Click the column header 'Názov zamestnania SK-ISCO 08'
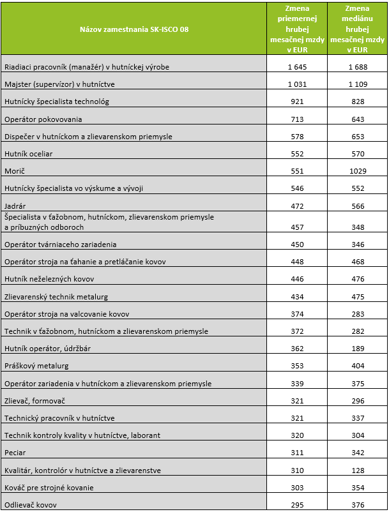[134, 29]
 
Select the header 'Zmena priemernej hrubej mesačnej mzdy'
[297, 29]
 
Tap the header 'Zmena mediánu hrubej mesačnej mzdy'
[357, 29]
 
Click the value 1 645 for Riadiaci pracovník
[297, 66]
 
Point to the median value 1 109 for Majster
[357, 84]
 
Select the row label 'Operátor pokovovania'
[43, 119]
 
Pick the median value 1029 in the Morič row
[357, 171]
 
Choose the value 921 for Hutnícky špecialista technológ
[297, 102]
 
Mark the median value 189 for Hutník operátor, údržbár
[357, 349]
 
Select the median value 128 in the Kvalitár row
[357, 471]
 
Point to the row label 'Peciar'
[15, 453]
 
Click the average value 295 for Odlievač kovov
[297, 505]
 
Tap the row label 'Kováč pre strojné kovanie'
[49, 488]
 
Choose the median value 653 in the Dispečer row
[357, 137]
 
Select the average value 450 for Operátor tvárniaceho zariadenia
[297, 245]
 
